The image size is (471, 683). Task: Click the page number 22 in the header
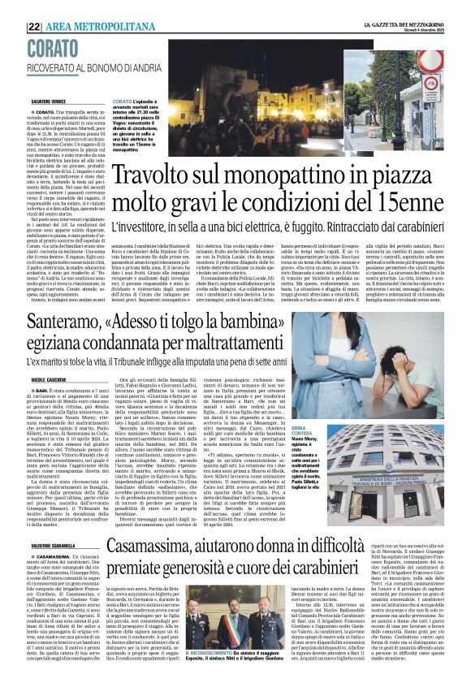(35, 26)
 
